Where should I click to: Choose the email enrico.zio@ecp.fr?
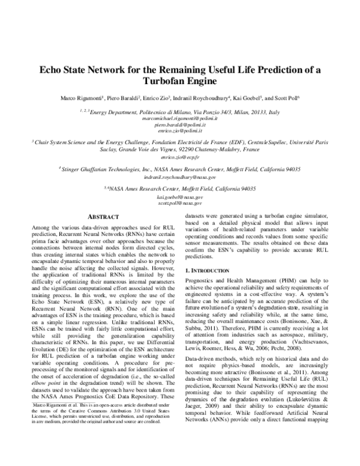(180, 157)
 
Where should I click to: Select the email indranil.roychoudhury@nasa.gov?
(180, 177)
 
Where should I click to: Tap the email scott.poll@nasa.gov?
(180, 203)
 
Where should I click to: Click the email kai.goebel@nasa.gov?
(180, 197)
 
